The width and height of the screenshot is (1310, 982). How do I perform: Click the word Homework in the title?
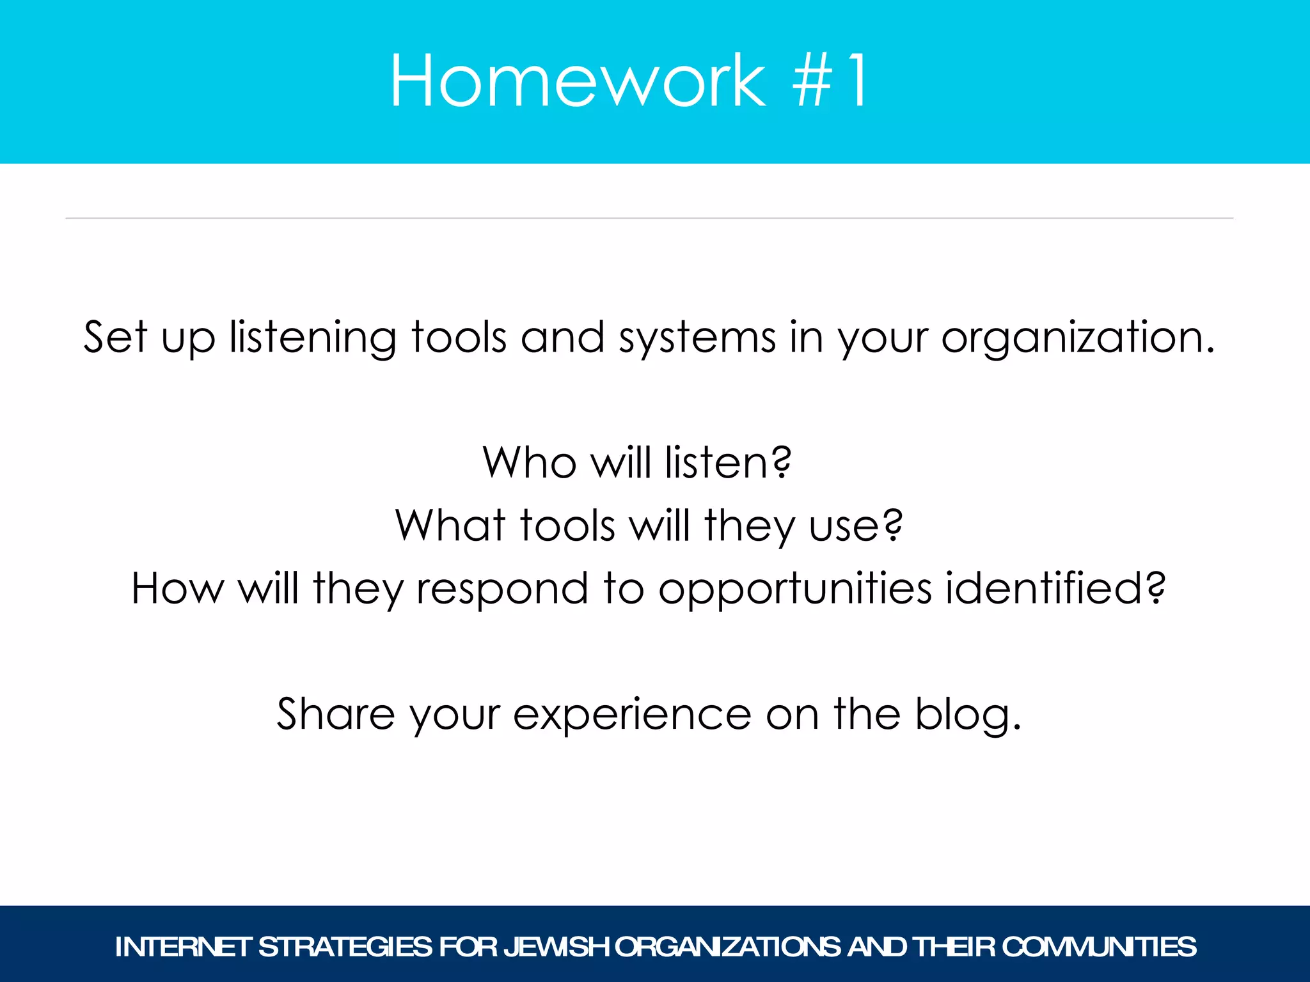578,81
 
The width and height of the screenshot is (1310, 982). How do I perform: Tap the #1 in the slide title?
830,81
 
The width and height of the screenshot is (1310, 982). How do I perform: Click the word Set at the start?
115,337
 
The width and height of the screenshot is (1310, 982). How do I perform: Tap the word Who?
530,462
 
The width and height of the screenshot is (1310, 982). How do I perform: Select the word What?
450,526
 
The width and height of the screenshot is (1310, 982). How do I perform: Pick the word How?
177,588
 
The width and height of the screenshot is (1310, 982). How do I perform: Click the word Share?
336,713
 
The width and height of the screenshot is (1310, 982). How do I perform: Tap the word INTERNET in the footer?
182,947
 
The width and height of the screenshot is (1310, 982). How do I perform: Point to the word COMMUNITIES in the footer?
1098,947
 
